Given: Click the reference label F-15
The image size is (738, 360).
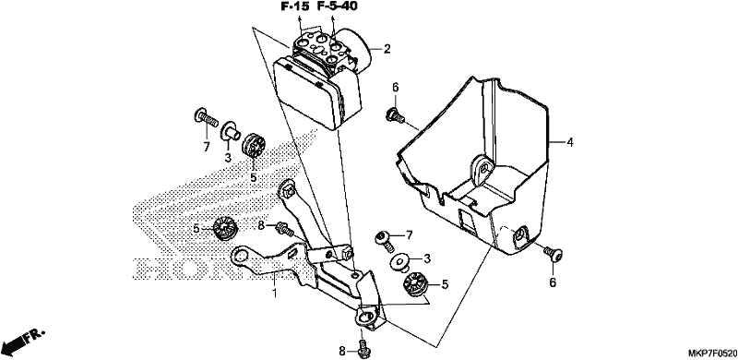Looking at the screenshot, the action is coord(295,6).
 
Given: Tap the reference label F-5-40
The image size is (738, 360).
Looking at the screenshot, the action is coord(337,6).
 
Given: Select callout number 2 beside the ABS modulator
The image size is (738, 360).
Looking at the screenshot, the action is coord(387,49).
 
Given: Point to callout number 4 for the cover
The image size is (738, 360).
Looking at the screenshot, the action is coord(570,142).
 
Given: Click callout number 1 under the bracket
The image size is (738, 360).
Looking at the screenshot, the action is coord(275,294).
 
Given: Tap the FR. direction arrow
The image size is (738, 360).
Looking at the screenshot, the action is coord(22,342).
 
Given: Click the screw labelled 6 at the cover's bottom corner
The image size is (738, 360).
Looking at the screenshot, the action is coord(553,254).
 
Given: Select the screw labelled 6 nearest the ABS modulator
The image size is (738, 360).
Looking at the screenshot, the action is coord(395,115).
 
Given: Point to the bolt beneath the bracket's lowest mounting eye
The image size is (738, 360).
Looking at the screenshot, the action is coord(363,347).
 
